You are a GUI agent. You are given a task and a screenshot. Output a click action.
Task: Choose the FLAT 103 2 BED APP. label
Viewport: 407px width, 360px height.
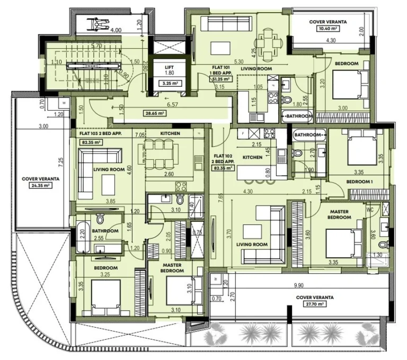click(x=101, y=134)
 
